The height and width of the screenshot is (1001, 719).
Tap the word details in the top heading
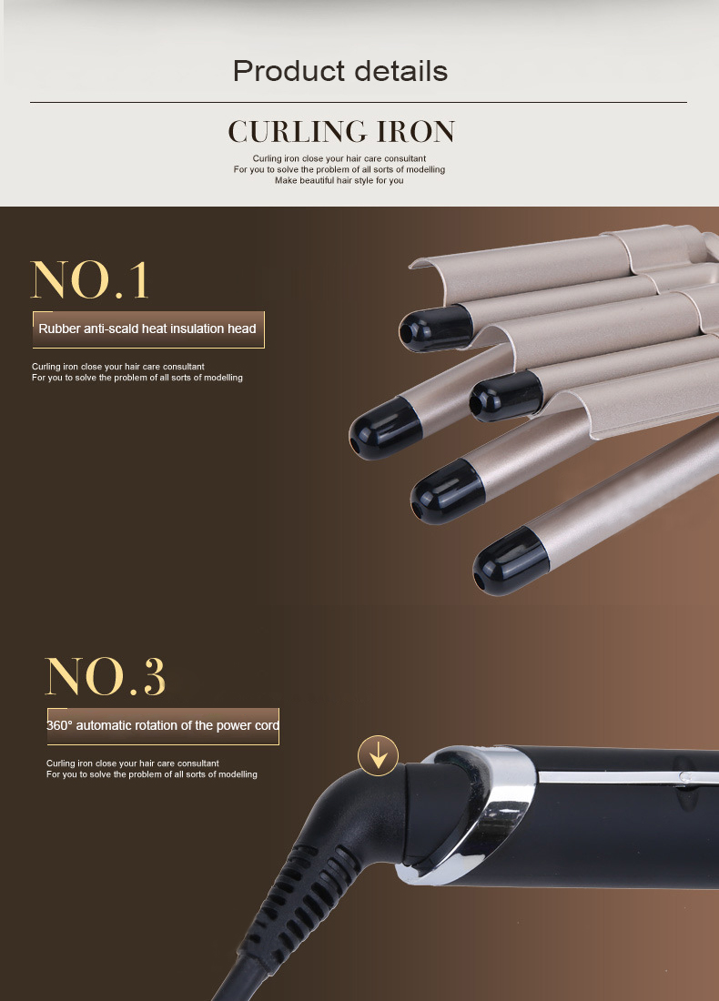[x=397, y=71]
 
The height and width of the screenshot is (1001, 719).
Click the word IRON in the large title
[x=415, y=132]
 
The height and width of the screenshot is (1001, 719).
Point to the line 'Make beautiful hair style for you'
[x=339, y=180]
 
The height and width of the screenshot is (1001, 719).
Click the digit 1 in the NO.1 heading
[x=137, y=280]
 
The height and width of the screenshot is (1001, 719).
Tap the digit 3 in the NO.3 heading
[x=153, y=676]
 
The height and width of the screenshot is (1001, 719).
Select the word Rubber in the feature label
[x=58, y=329]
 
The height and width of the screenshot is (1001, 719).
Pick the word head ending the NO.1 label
[x=242, y=329]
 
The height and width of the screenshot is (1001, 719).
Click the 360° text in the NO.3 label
[x=59, y=725]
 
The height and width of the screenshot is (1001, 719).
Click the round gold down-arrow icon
[x=378, y=755]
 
